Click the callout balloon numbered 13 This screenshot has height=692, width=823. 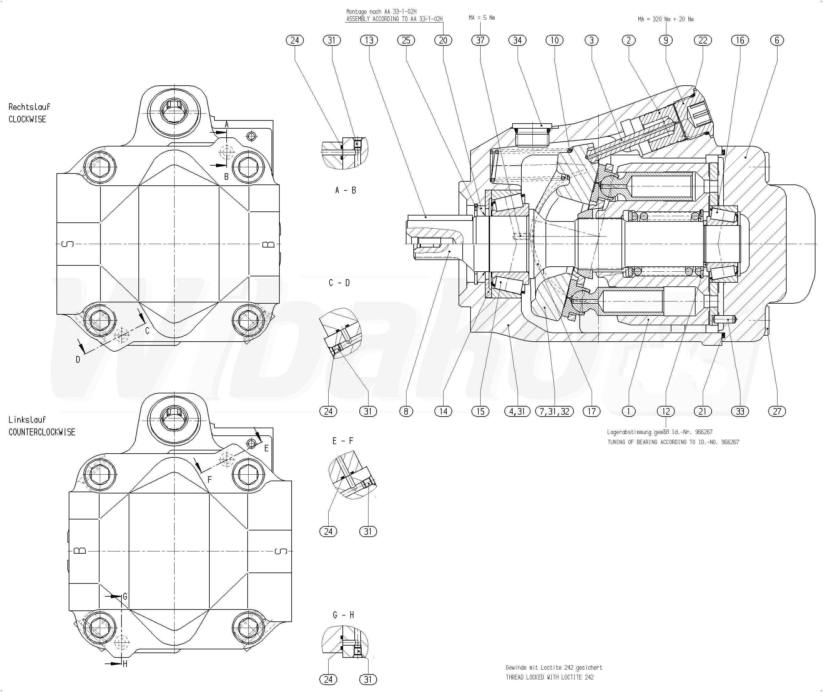pyautogui.click(x=369, y=40)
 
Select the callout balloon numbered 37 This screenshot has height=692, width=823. pyautogui.click(x=480, y=40)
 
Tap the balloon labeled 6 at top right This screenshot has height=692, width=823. pyautogui.click(x=777, y=40)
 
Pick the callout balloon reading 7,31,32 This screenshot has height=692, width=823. pyautogui.click(x=554, y=411)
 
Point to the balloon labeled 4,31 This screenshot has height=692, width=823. pyautogui.click(x=517, y=411)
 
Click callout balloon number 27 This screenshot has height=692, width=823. pyautogui.click(x=777, y=411)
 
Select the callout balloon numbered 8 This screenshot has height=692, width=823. pyautogui.click(x=406, y=411)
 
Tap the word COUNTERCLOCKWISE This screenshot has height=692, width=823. pyautogui.click(x=42, y=432)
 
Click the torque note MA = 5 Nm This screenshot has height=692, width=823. pyautogui.click(x=481, y=18)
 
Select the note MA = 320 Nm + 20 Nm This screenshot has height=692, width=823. pyautogui.click(x=666, y=19)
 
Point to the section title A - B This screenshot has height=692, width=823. pyautogui.click(x=345, y=190)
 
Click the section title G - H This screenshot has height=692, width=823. pyautogui.click(x=343, y=615)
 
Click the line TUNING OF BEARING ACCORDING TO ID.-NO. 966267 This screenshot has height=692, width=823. pyautogui.click(x=673, y=442)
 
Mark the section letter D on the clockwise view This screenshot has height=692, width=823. pyautogui.click(x=78, y=359)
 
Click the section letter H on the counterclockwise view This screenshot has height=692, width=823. pyautogui.click(x=125, y=664)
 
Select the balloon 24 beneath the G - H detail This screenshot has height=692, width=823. pyautogui.click(x=328, y=679)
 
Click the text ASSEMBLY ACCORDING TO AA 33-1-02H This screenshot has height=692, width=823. pyautogui.click(x=394, y=19)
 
